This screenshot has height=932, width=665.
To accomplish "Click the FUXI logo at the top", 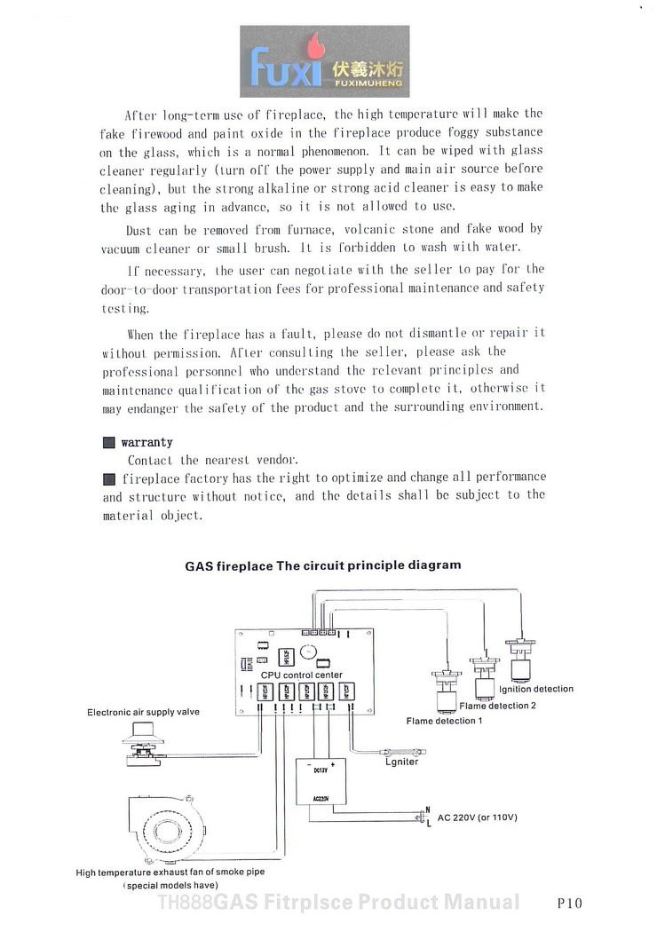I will (324, 61).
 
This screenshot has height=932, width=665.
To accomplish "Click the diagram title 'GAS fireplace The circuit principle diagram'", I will (322, 565).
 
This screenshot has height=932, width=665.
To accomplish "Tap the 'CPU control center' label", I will (301, 675).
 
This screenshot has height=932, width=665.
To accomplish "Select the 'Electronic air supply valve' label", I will (143, 712).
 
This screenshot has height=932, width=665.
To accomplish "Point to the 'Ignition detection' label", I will (536, 689).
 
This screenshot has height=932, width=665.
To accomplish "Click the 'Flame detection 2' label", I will (497, 706).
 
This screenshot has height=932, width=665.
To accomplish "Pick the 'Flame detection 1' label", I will (444, 721).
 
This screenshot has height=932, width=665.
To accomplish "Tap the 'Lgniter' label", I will (401, 762).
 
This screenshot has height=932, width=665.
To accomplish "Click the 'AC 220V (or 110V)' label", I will (477, 817).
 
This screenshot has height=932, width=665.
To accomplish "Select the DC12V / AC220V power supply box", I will (321, 781).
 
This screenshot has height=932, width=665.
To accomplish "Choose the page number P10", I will (569, 904).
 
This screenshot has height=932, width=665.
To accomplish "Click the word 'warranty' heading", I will (146, 442).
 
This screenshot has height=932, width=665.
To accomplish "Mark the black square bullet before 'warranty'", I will (108, 442).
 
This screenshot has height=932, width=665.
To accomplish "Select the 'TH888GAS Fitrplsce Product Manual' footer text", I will (338, 903).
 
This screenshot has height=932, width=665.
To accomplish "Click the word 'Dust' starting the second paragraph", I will (139, 229).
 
